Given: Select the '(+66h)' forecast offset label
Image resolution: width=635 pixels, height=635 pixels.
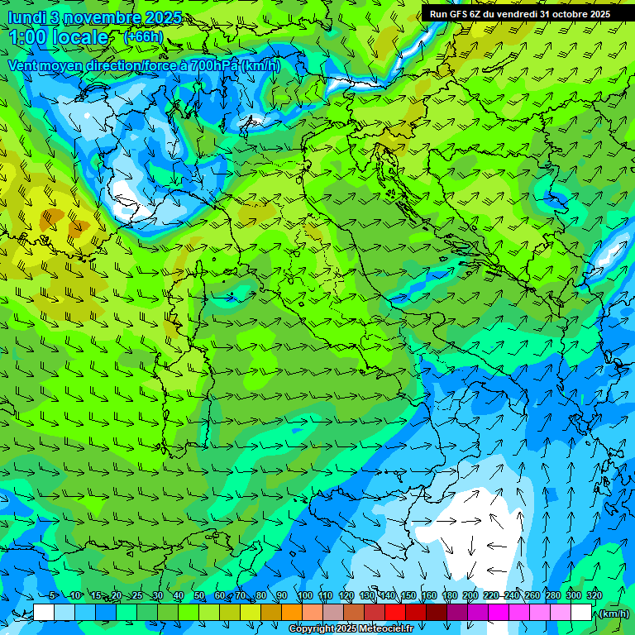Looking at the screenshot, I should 143,37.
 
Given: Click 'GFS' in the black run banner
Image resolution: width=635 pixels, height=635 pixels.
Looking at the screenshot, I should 460,14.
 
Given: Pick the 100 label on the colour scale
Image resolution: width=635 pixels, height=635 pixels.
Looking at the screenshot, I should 305,595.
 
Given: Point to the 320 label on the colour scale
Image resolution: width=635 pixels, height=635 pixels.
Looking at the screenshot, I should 594,595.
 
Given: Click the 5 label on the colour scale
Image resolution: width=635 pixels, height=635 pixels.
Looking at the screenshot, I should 53,595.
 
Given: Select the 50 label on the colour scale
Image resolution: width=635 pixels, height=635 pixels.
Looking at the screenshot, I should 199,595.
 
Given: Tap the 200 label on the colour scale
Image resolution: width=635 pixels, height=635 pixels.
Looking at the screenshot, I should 470,595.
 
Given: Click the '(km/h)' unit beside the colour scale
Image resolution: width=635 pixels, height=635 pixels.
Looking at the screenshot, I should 613,613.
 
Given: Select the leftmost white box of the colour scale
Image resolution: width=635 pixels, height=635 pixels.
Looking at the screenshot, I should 44,612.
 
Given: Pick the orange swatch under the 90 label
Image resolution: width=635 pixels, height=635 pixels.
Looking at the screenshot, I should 292,612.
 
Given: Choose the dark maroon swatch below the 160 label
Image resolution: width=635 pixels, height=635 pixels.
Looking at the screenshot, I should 437,612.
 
